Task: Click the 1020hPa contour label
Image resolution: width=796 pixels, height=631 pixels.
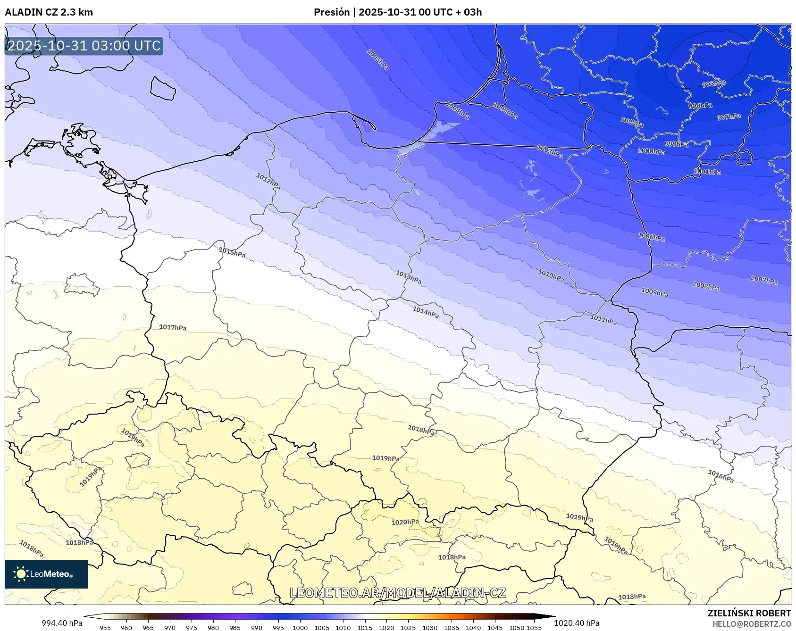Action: click(x=405, y=522)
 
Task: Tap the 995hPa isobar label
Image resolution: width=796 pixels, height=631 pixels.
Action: click(x=713, y=84)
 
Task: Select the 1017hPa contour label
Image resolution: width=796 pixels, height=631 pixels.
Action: click(x=173, y=327)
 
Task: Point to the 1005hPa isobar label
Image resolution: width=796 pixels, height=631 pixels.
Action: click(x=378, y=60)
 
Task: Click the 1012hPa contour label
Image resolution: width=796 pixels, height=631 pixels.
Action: click(x=268, y=181)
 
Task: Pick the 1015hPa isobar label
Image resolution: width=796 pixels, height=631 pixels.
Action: click(x=232, y=252)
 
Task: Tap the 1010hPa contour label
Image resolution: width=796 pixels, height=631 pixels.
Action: click(x=551, y=275)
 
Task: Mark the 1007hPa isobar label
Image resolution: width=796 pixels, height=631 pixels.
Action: click(x=764, y=280)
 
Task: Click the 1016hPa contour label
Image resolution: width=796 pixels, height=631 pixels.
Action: click(x=721, y=476)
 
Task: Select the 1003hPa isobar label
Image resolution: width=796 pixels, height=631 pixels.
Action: click(x=550, y=151)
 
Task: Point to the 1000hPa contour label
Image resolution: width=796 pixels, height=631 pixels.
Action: click(x=651, y=151)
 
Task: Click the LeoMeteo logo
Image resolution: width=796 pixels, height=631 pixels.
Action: click(x=46, y=574)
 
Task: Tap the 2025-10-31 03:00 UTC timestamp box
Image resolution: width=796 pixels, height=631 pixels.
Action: click(x=84, y=46)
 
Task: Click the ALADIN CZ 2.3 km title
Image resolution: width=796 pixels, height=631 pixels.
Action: click(x=49, y=12)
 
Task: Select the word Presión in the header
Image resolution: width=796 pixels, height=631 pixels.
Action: click(x=332, y=12)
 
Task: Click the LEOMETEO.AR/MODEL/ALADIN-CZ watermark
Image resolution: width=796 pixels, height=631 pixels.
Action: click(x=398, y=593)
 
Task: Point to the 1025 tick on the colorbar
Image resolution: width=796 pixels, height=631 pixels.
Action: click(x=408, y=627)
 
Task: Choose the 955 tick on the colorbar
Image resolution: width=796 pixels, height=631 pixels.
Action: click(x=105, y=627)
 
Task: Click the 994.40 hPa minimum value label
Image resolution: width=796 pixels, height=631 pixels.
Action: click(x=62, y=623)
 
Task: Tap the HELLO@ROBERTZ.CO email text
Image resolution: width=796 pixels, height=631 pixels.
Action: click(x=751, y=624)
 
